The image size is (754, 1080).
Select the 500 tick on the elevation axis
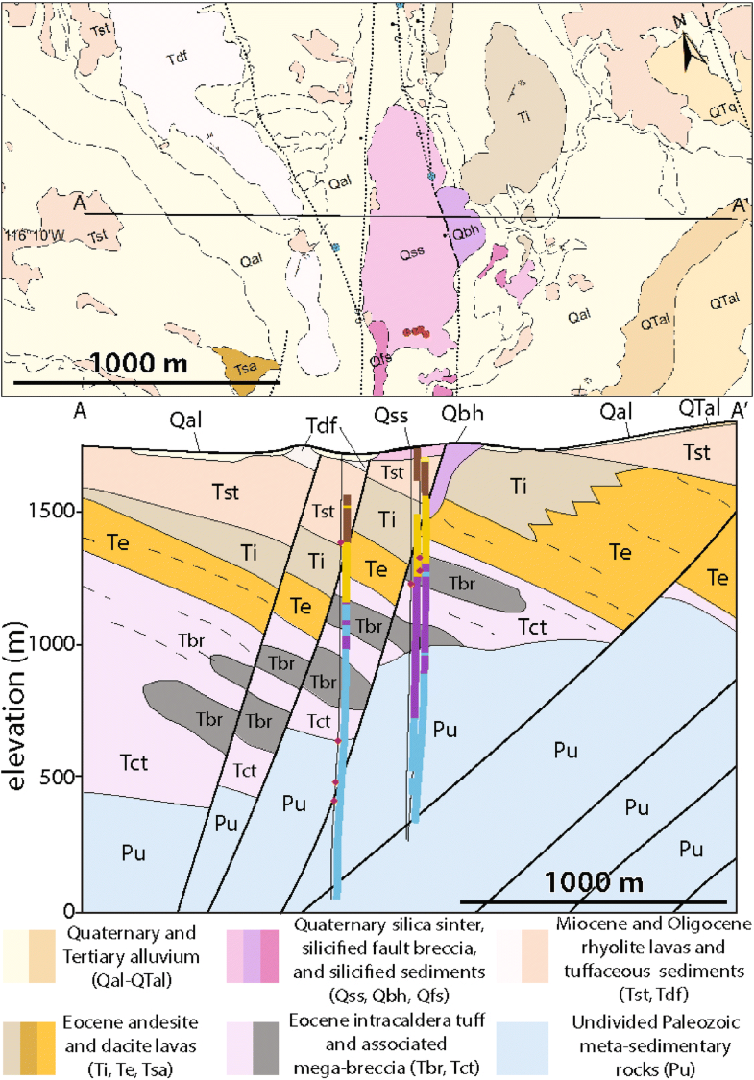[63, 776]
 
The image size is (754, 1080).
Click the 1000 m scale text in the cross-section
[594, 881]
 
